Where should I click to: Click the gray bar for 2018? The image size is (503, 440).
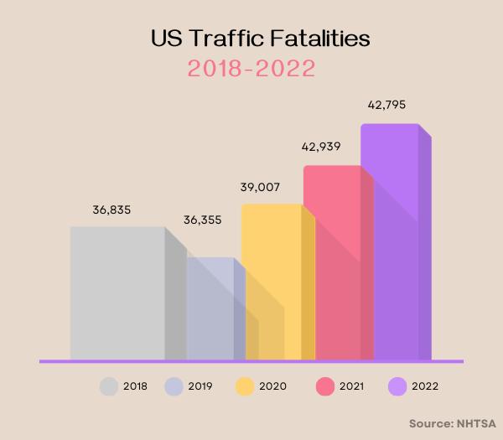coord(117,292)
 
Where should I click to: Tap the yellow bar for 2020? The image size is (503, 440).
coord(271,281)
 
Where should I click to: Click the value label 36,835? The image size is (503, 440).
coord(111,209)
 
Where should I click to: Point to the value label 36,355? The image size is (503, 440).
coord(204,220)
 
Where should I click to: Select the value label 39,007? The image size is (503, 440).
coord(259,187)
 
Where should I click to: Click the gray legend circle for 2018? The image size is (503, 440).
coord(108,386)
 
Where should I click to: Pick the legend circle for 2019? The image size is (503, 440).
coord(174,386)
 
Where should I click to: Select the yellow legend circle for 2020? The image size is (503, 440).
coord(245,386)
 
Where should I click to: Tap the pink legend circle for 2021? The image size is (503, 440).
coord(325,386)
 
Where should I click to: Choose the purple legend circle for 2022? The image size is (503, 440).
coord(398,386)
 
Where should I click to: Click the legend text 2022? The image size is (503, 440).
coord(425,386)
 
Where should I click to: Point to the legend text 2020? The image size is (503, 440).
coord(273,386)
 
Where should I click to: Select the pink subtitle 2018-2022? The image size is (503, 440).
coord(251,69)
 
